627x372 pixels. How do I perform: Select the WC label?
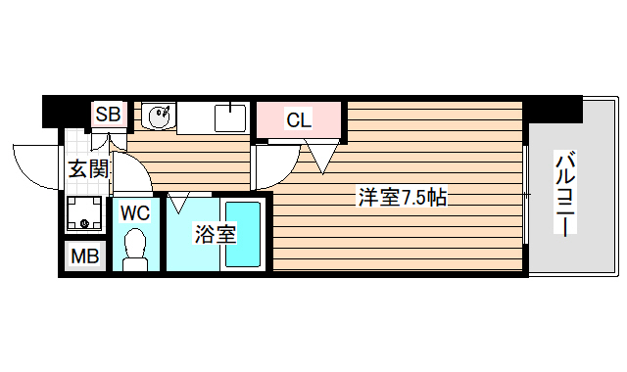click(133, 210)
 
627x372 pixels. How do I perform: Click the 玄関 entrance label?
click(88, 168)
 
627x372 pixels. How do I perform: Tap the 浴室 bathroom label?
click(214, 234)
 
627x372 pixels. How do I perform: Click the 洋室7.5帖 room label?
click(402, 198)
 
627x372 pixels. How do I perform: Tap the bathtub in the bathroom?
click(241, 234)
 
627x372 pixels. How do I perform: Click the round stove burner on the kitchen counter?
click(159, 117)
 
